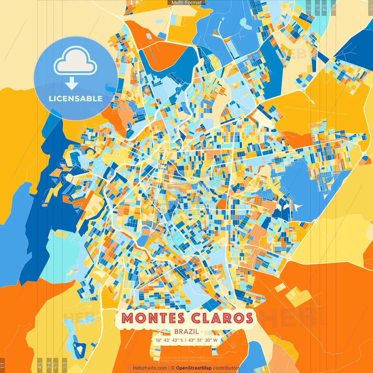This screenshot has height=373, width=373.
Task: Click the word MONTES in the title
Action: click(x=153, y=318)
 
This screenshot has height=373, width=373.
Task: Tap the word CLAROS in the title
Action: click(x=222, y=318)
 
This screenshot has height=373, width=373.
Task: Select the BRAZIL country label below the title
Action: click(x=186, y=332)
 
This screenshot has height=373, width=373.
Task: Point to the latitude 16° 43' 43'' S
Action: click(x=169, y=340)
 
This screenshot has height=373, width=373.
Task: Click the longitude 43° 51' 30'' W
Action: click(x=203, y=340)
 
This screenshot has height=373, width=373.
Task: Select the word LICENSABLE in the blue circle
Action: click(x=76, y=98)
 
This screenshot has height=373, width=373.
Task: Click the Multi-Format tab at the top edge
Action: click(x=186, y=3)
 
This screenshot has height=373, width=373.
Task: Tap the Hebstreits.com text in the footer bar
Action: click(x=150, y=368)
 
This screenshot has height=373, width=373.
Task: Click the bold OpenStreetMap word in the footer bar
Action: click(x=194, y=368)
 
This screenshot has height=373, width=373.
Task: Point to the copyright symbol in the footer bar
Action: click(x=173, y=368)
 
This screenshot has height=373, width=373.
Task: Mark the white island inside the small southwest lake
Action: click(x=79, y=347)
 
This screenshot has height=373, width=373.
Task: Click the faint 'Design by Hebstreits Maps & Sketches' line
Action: click(x=186, y=361)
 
